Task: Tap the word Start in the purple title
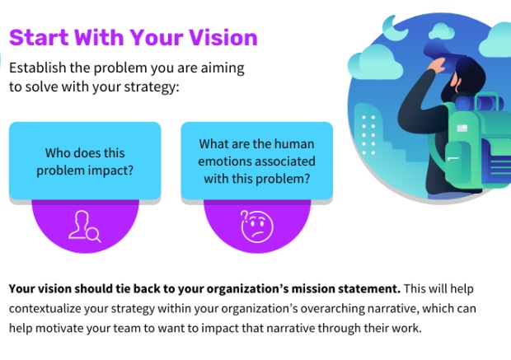coord(39,37)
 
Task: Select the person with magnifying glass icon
coord(85,226)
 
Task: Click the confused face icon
coord(257,227)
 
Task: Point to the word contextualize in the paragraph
coord(45,309)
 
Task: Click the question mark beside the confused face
coord(244,216)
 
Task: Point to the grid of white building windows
coord(368,134)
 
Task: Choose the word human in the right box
coord(296,144)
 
